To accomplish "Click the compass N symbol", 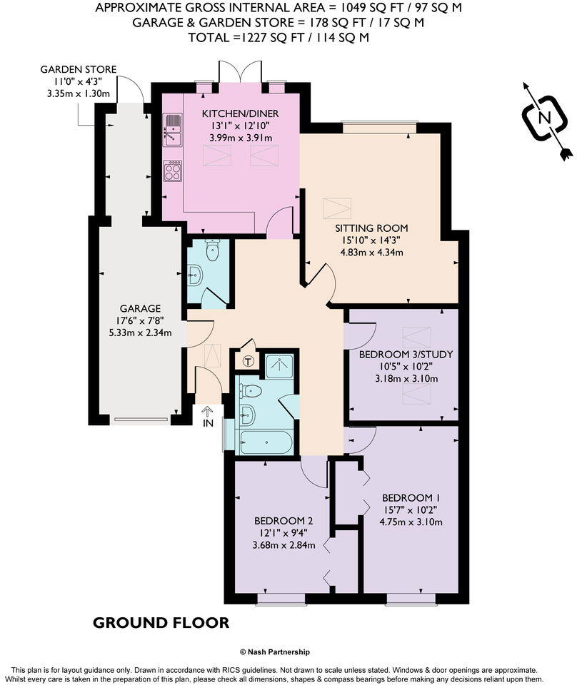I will point(544,118).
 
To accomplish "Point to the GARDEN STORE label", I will point(78,69).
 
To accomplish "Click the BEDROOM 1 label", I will point(411,497).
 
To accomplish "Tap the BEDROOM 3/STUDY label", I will point(406,354).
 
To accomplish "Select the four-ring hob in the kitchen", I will point(172,171).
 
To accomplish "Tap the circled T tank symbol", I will point(248,362).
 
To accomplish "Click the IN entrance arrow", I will point(208,416).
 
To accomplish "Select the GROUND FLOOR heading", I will point(161,623).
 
